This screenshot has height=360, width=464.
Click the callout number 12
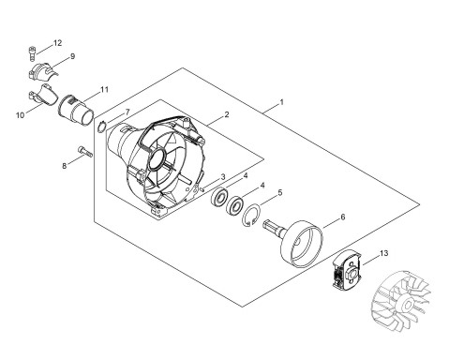coord(57,43)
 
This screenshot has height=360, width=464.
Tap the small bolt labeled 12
coord(32,53)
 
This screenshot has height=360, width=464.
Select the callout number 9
coord(72,56)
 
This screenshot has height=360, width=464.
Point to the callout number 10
coord(20,115)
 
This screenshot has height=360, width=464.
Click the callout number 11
coord(104,90)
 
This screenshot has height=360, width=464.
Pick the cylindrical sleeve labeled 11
coord(76,110)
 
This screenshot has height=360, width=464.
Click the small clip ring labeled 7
coord(101,127)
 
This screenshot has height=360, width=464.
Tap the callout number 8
coord(65,166)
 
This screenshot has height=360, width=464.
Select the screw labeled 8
coord(84,152)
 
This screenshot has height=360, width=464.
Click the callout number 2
coord(227,114)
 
